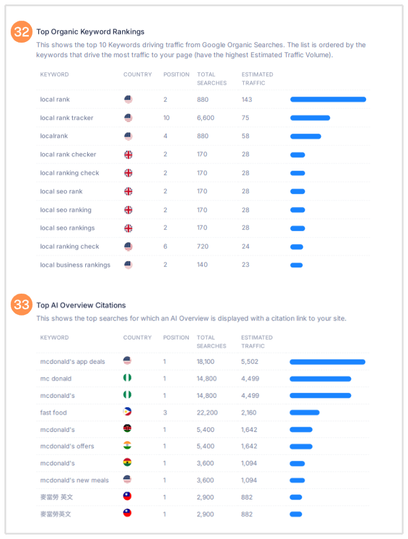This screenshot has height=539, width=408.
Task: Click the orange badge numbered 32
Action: pyautogui.click(x=22, y=32)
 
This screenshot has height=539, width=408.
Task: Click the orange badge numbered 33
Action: pyautogui.click(x=22, y=305)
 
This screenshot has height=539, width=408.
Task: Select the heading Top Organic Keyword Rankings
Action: pyautogui.click(x=90, y=32)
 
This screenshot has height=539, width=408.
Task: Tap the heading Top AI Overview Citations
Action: pyautogui.click(x=81, y=306)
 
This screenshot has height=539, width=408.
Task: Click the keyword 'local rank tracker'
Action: pyautogui.click(x=66, y=118)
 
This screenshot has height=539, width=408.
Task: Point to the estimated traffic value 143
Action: pyautogui.click(x=247, y=99)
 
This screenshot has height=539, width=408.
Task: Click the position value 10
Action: pyautogui.click(x=167, y=118)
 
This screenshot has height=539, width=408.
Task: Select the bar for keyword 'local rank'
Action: pyautogui.click(x=328, y=99)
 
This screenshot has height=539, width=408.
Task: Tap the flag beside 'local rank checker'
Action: pyautogui.click(x=128, y=154)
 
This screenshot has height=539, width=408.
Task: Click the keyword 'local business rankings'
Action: pyautogui.click(x=75, y=265)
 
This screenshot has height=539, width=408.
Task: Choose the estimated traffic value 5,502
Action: pyautogui.click(x=250, y=361)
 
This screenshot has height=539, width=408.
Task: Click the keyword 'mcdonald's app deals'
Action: pyautogui.click(x=73, y=361)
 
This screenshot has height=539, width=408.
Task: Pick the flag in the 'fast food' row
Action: pyautogui.click(x=127, y=412)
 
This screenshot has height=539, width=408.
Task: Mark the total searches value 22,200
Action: pyautogui.click(x=207, y=412)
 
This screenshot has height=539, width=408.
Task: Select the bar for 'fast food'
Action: pyautogui.click(x=305, y=412)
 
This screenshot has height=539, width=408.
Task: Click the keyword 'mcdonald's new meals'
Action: pyautogui.click(x=75, y=480)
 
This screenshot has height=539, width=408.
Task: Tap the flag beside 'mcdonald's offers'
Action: pyautogui.click(x=127, y=446)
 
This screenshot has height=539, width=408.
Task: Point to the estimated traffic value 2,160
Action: pyautogui.click(x=249, y=412)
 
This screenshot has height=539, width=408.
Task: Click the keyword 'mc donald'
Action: pyautogui.click(x=56, y=378)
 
